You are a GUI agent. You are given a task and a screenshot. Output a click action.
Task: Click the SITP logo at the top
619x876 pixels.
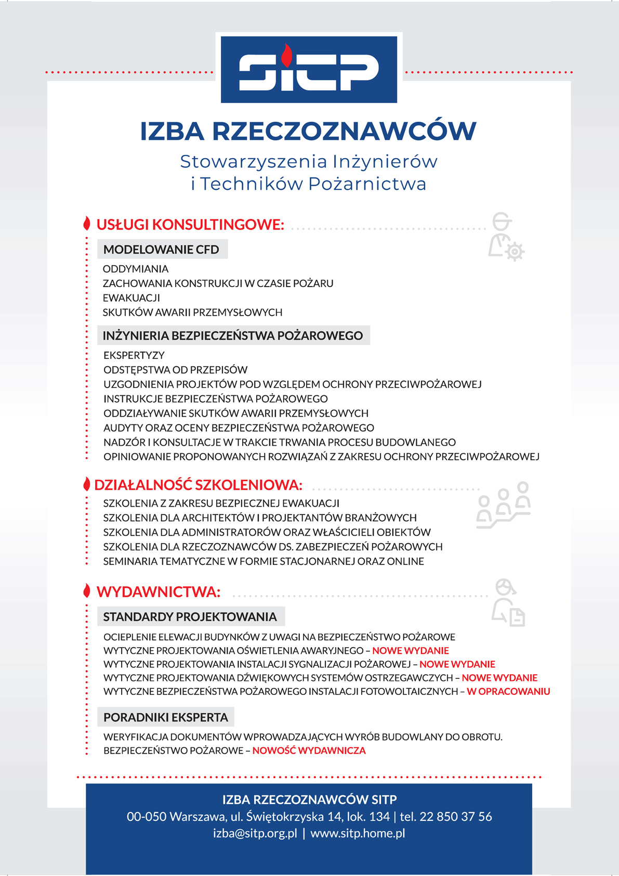click(309, 69)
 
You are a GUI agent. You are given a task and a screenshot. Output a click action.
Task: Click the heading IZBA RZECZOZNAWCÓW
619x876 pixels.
click(308, 131)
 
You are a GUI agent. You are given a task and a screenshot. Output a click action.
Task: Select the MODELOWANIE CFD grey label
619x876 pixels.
click(162, 250)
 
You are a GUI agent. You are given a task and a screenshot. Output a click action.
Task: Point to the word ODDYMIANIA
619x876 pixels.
click(136, 269)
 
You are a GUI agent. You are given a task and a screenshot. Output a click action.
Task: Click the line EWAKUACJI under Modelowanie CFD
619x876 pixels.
click(131, 298)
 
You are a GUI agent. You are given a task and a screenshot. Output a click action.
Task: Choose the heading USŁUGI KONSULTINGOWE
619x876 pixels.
click(190, 225)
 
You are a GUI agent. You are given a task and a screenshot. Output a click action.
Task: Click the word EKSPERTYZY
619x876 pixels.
click(134, 355)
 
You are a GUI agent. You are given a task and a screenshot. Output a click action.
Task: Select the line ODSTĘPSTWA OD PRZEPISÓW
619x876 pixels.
click(176, 370)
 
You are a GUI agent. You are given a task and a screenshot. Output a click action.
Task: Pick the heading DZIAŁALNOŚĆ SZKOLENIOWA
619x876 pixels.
click(198, 485)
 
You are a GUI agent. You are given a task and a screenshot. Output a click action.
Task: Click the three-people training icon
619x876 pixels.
click(503, 505)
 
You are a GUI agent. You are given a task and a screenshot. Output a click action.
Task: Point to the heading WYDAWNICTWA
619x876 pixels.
click(159, 592)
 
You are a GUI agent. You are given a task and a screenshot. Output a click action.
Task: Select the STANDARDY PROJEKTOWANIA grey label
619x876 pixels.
click(190, 617)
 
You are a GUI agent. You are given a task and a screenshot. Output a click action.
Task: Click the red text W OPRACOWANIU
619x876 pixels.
click(508, 692)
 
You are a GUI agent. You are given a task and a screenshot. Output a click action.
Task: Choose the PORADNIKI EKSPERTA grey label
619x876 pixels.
click(166, 717)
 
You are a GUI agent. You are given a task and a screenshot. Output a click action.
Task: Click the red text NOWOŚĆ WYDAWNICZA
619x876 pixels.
click(309, 751)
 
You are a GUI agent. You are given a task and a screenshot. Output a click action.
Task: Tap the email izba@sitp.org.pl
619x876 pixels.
click(255, 833)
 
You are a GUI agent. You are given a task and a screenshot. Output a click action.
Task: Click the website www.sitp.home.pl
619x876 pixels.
click(358, 833)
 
